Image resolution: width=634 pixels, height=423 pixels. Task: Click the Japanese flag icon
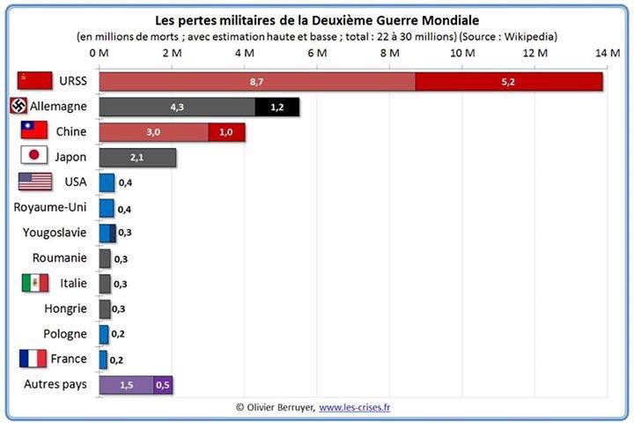click(x=33, y=156)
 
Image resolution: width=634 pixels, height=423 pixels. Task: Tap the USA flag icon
click(x=35, y=182)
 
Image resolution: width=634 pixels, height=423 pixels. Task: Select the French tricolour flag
click(x=33, y=359)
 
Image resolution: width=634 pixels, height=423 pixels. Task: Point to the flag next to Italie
click(x=34, y=283)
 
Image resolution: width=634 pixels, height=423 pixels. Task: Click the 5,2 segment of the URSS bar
click(x=509, y=81)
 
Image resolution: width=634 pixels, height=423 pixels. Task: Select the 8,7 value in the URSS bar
click(x=257, y=81)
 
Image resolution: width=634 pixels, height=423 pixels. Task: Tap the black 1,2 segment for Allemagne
click(x=277, y=107)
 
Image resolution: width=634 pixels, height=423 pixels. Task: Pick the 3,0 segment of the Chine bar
click(x=154, y=132)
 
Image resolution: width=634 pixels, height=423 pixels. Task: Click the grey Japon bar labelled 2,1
click(x=137, y=157)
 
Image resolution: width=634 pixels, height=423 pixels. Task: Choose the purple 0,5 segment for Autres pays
click(x=163, y=385)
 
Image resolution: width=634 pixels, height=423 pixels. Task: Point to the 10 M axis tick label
click(x=461, y=55)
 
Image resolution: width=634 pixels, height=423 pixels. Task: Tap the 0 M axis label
click(x=99, y=55)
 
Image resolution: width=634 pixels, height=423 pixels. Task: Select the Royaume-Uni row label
click(x=50, y=207)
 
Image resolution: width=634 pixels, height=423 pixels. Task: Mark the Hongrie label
click(x=65, y=308)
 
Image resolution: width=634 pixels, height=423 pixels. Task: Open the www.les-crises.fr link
click(x=355, y=407)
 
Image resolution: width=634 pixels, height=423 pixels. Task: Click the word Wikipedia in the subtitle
click(x=529, y=36)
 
